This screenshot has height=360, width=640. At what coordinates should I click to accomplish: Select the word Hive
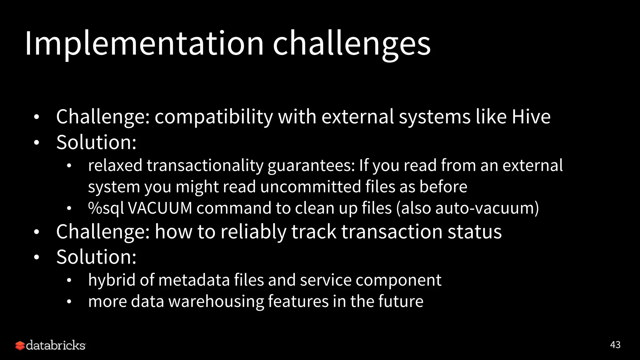[x=531, y=117]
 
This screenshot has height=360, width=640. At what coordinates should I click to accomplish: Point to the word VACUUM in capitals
[x=160, y=208]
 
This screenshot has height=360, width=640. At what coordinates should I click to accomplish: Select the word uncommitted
[x=311, y=187]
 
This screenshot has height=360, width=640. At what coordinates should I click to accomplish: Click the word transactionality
[x=205, y=166]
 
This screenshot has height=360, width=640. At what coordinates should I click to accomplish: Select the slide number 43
[x=615, y=345]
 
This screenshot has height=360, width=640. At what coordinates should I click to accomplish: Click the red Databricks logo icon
[x=20, y=346]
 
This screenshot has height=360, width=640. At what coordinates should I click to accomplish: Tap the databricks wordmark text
[x=56, y=345]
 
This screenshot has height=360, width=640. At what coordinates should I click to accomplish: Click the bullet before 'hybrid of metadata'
[x=69, y=280]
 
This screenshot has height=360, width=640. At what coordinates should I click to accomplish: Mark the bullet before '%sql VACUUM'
[x=69, y=208]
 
